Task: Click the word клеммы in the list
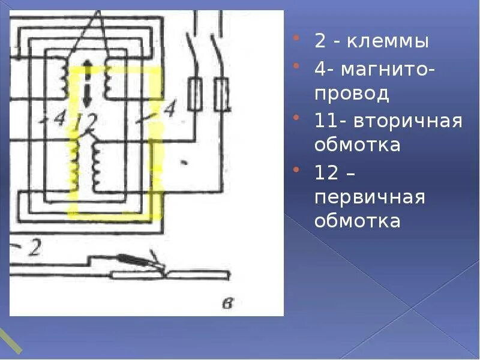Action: [390, 42]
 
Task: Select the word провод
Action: [352, 93]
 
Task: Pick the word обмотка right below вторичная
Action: [357, 145]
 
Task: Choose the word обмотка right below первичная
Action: [357, 220]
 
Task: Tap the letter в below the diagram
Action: [227, 304]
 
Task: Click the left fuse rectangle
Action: [194, 94]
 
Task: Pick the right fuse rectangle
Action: [221, 94]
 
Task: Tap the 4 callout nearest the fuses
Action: [169, 110]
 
